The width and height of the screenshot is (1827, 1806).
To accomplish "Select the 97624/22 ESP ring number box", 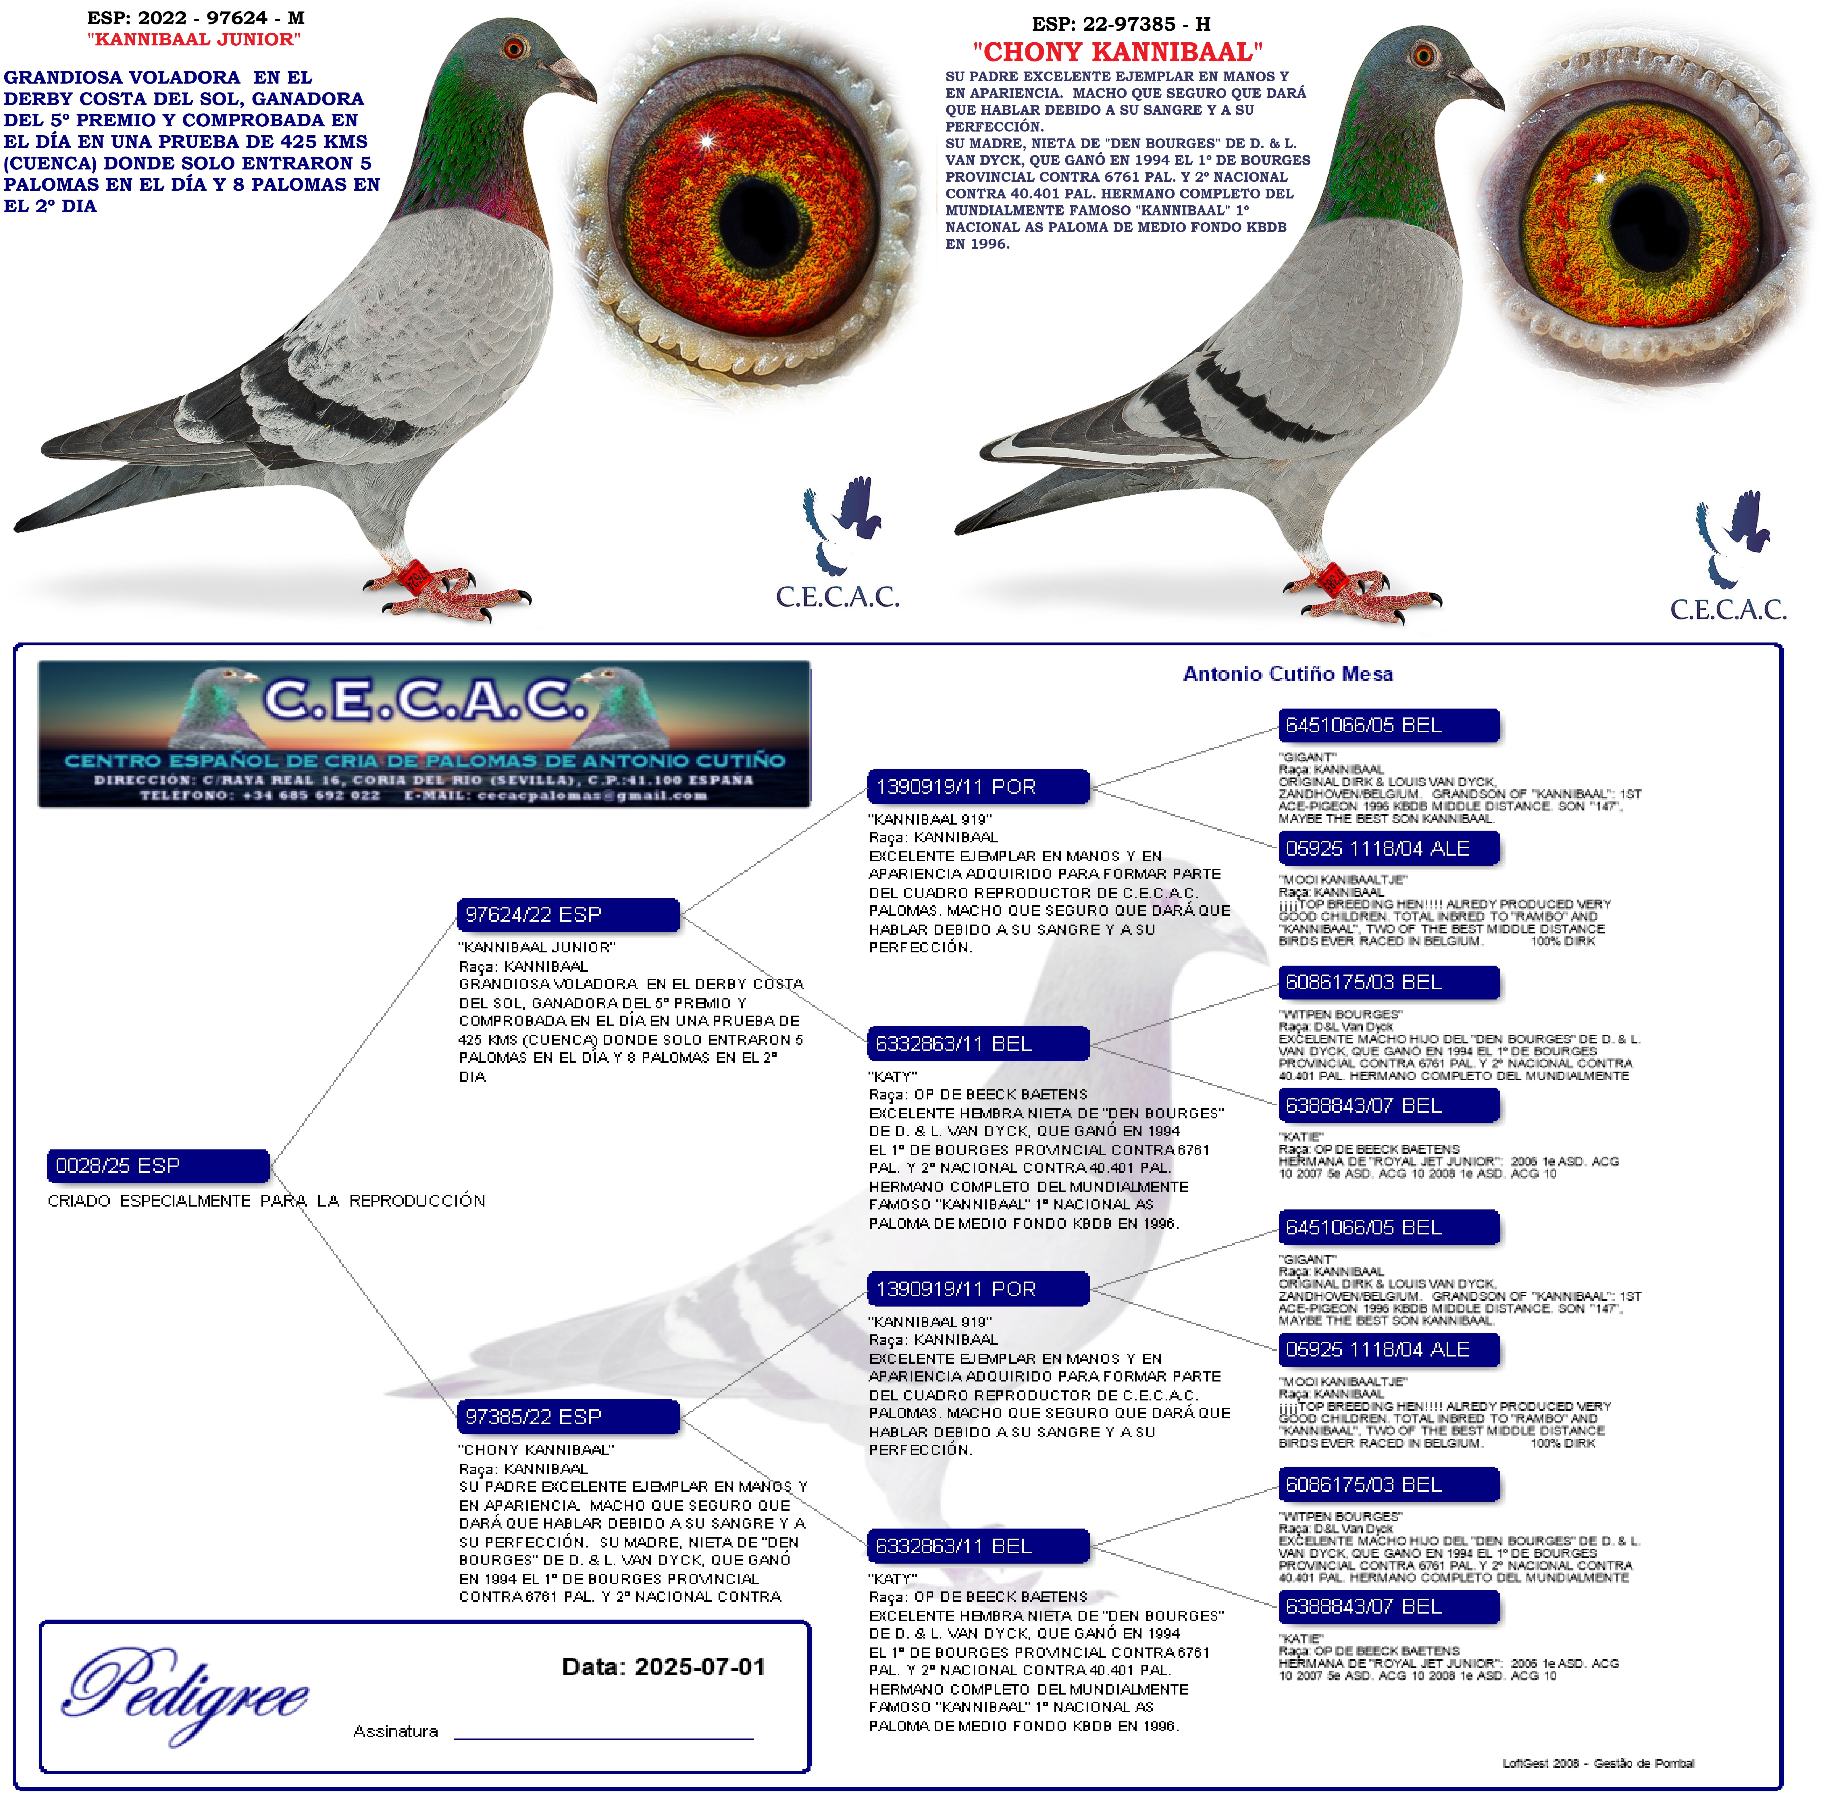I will [x=567, y=914].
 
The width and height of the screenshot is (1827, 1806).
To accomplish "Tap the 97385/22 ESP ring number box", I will [x=567, y=1417].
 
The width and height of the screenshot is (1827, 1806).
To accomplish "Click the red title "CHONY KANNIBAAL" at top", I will [x=1118, y=52].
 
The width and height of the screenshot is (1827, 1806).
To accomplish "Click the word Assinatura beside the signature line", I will [x=395, y=1731].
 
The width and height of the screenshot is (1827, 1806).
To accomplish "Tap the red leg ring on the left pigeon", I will [x=413, y=576].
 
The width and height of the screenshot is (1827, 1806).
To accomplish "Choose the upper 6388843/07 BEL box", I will [x=1388, y=1105].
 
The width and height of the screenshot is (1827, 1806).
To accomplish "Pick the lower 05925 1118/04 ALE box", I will [x=1388, y=1349].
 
